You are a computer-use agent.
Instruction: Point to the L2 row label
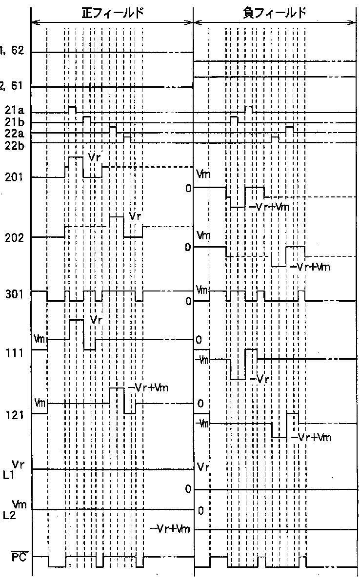tap(9, 515)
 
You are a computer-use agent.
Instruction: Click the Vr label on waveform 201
tap(95, 157)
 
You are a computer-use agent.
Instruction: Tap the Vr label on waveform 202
tap(135, 216)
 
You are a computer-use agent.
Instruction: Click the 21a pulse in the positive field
tap(72, 109)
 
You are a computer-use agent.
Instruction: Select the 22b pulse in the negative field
tap(275, 139)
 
